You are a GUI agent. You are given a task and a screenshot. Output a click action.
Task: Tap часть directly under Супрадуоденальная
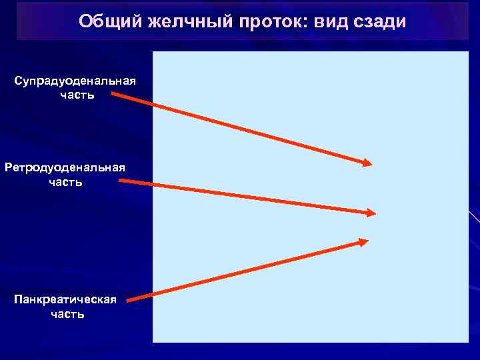[x=77, y=95]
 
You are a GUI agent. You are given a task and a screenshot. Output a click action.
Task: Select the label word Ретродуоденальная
[x=65, y=167]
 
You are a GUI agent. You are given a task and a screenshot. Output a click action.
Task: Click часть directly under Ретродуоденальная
[x=65, y=181]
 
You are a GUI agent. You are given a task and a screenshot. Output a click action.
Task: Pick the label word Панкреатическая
[x=65, y=299]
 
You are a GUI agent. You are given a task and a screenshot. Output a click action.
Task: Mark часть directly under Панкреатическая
[x=67, y=313]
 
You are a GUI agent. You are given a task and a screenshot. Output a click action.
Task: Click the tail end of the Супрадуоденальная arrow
[x=113, y=94]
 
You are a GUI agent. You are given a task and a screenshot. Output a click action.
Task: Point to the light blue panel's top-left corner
[x=153, y=52]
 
